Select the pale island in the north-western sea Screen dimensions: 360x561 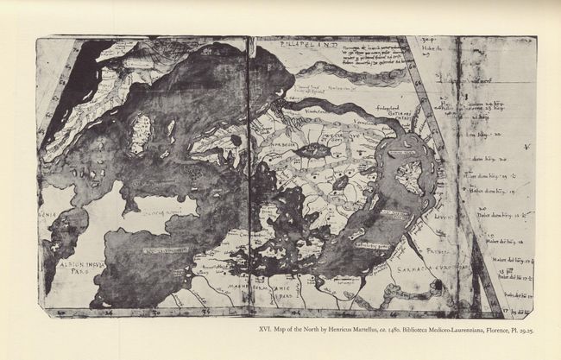click(140, 133)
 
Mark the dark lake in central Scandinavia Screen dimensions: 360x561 click(312, 150)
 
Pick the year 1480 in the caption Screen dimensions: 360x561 click(436, 329)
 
